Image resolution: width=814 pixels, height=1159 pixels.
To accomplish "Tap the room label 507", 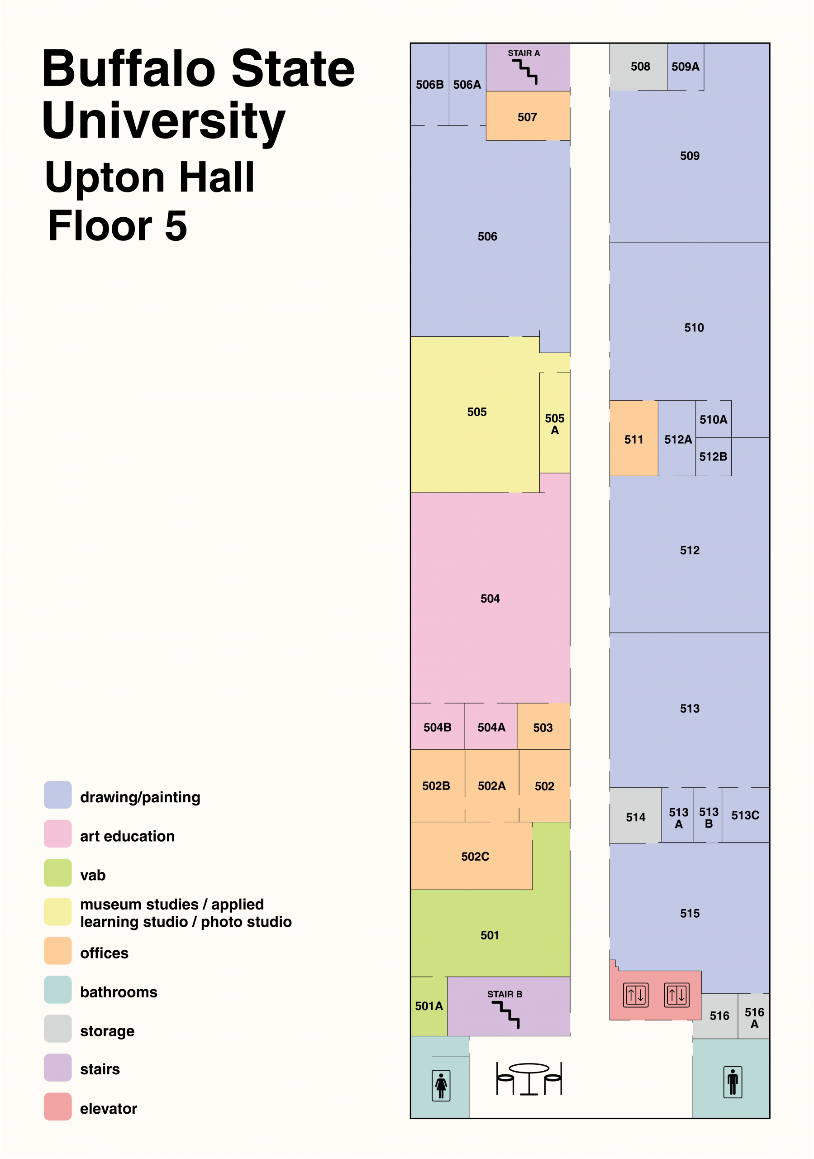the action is pos(528,117).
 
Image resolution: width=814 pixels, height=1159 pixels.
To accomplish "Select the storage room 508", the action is pos(638,67).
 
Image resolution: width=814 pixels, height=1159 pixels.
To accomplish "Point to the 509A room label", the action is pos(685,67).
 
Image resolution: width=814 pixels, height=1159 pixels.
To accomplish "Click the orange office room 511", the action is pos(634,438).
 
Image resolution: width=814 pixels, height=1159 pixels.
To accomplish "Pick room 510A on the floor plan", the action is pos(714,419).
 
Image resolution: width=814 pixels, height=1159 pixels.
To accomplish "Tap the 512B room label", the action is pos(713,456).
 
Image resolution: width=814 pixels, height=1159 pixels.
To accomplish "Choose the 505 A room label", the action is pos(555,424).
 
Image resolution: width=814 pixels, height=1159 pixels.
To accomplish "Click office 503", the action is pos(543,726).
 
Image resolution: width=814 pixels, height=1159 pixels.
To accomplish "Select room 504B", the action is pos(438,726).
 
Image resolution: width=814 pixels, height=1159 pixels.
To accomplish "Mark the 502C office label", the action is pos(476,856).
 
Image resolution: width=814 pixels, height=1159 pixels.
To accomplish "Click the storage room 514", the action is pos(635,815).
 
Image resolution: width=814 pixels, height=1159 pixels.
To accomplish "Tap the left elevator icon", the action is pos(636,995).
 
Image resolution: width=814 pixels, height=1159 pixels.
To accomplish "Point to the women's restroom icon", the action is pos(441,1085).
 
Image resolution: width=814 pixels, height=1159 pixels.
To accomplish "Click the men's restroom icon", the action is pos(733,1082).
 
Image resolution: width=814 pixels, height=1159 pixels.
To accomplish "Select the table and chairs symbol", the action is pos(529,1079).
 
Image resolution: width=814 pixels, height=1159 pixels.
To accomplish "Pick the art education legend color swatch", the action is pos(57,834).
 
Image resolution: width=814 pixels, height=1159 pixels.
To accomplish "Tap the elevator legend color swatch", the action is pos(57,1106).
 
